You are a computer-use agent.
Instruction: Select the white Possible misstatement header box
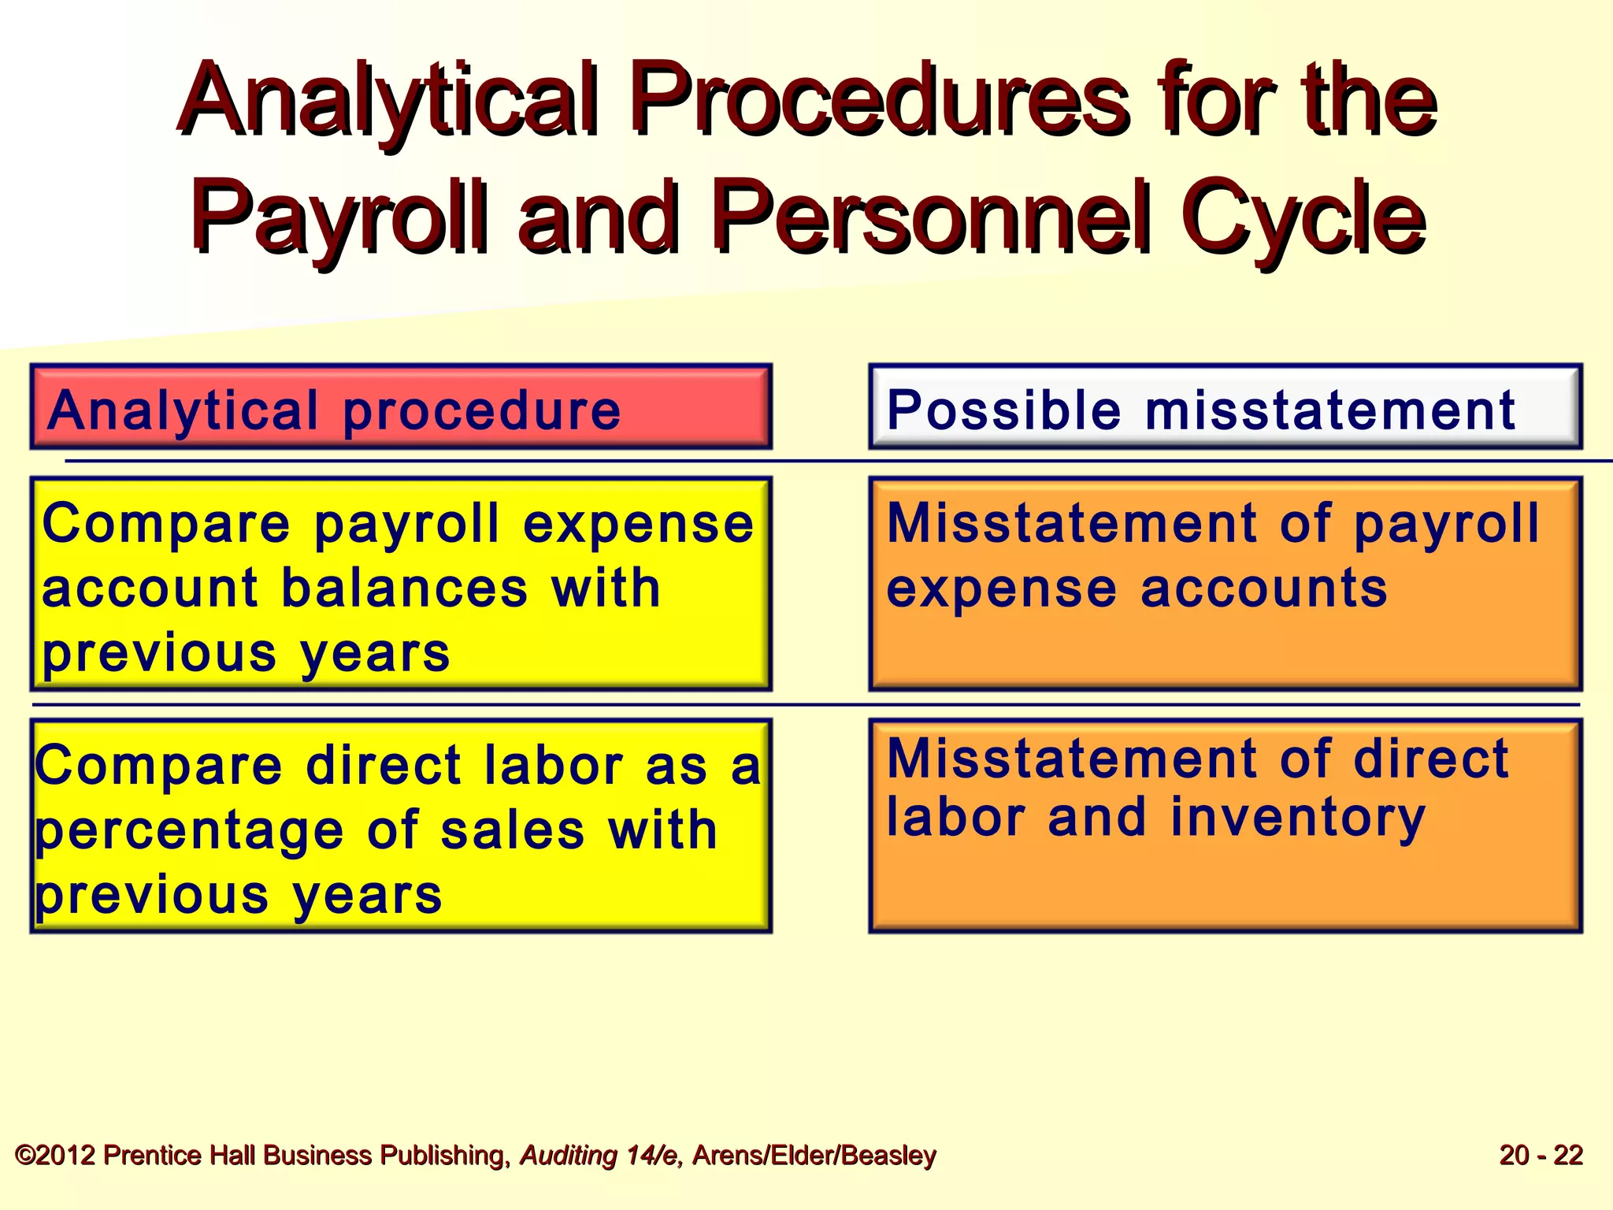point(1225,407)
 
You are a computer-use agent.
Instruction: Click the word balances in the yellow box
point(403,588)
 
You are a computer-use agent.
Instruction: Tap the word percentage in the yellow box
point(189,832)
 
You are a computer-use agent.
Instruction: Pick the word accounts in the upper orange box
point(1263,588)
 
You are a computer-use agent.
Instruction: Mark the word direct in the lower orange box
point(1430,759)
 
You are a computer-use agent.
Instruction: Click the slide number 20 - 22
point(1541,1155)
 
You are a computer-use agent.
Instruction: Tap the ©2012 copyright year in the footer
point(55,1155)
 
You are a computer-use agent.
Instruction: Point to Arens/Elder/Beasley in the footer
point(814,1155)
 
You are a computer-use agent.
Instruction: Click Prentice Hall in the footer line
point(180,1155)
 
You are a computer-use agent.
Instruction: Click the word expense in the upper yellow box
point(638,524)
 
